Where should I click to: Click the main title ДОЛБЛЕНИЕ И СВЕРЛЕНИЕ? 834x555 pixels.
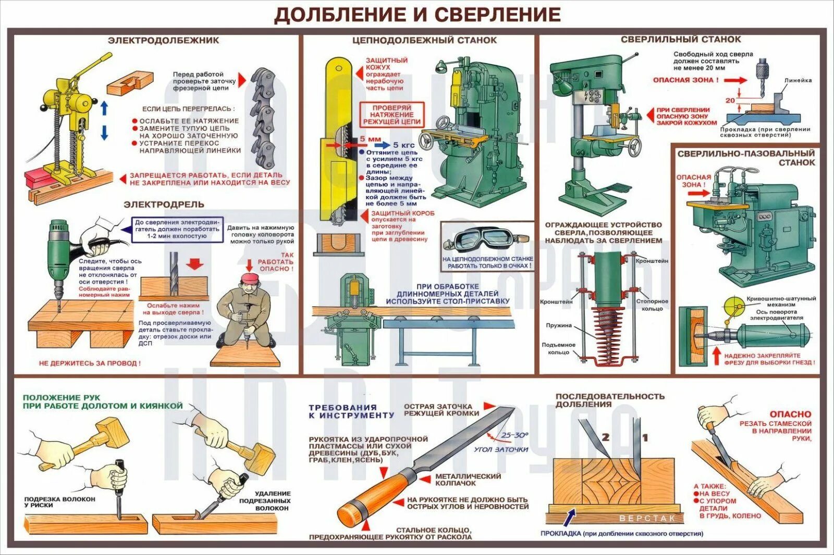[x=417, y=15]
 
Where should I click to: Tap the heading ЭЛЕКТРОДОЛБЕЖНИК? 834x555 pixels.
[x=163, y=40]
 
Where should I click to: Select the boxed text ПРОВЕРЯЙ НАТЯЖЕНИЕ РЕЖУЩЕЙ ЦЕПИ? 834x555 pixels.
[x=392, y=115]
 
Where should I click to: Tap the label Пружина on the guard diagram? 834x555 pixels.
[x=559, y=325]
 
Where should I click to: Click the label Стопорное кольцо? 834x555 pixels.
[x=652, y=305]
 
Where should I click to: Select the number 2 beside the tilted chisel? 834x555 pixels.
[x=605, y=437]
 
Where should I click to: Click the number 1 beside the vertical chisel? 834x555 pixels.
[x=645, y=438]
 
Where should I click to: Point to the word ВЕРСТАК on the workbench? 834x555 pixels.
[x=647, y=519]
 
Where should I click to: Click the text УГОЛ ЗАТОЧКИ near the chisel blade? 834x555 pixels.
[x=501, y=449]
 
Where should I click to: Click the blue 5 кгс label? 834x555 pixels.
[x=403, y=145]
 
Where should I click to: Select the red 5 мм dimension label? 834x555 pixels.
[x=370, y=139]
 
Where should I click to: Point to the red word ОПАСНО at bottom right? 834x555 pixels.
[x=790, y=414]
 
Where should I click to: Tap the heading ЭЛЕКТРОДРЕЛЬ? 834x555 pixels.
[x=164, y=205]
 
